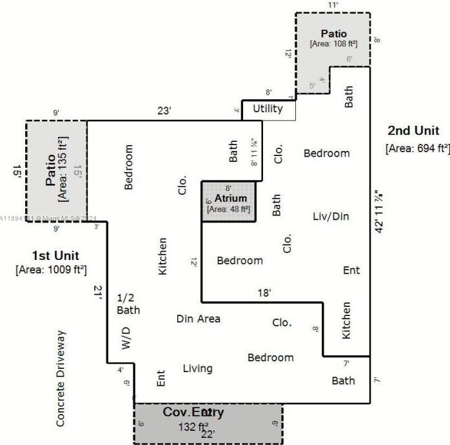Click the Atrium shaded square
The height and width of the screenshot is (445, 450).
click(x=228, y=201)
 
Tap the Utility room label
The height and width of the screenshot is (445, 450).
click(x=268, y=109)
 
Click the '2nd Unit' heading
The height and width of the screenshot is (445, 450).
click(x=413, y=131)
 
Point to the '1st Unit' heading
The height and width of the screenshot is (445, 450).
click(x=51, y=253)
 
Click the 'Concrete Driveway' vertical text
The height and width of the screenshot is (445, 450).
click(x=61, y=379)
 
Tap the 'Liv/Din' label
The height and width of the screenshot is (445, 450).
click(x=331, y=216)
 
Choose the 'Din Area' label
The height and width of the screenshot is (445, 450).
click(x=199, y=319)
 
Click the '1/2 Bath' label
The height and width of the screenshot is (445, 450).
click(x=128, y=304)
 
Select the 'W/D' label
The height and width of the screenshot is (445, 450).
click(x=126, y=339)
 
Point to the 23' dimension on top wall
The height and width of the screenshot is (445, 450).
click(x=164, y=111)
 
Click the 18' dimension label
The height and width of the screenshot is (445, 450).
click(x=264, y=292)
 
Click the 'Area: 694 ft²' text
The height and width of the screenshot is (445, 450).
click(x=417, y=148)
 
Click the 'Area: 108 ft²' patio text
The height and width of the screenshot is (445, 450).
click(x=333, y=44)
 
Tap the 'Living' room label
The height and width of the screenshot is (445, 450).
click(x=197, y=368)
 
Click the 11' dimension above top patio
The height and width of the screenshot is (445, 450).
click(x=333, y=5)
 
